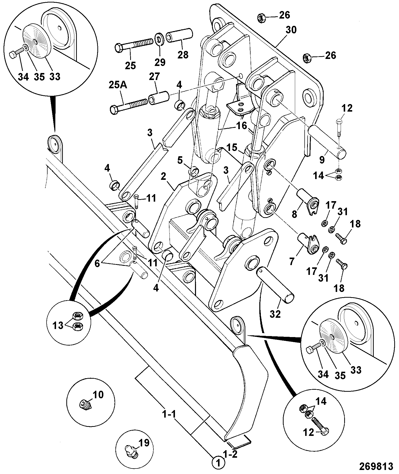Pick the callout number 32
pos(275,314)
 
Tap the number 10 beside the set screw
pos(98,394)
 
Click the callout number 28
pos(183,54)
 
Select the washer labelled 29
pos(158,37)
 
